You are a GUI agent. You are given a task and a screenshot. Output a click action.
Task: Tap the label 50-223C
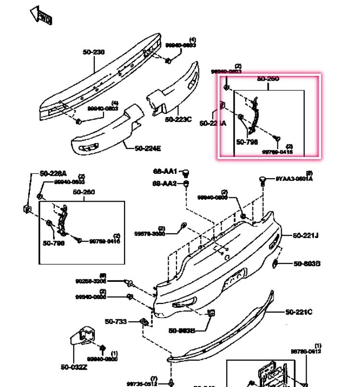(x=178, y=119)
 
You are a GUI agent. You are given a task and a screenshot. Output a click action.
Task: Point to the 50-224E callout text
(x=148, y=148)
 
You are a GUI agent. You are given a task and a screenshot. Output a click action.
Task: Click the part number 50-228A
(x=53, y=173)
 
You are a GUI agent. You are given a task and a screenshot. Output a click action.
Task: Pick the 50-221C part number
(x=298, y=312)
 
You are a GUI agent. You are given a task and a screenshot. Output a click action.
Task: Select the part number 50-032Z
(x=74, y=367)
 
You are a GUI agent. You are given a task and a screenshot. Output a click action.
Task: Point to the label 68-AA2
(x=164, y=183)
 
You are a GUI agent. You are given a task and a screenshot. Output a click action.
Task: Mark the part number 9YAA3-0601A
(x=294, y=179)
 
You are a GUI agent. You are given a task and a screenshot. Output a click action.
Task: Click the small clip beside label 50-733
(x=143, y=322)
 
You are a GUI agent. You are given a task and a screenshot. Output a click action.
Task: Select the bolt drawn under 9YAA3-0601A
(x=262, y=180)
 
